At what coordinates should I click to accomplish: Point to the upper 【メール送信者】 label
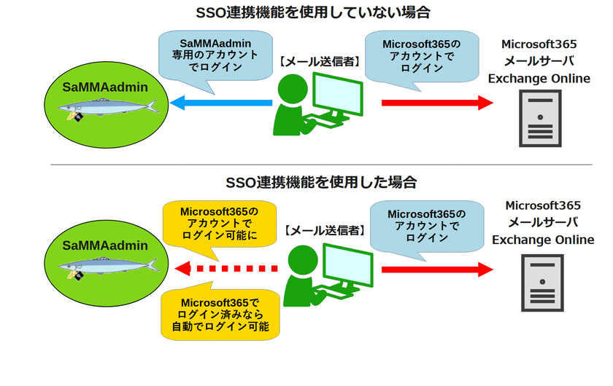point(320,62)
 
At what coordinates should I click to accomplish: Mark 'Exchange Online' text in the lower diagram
point(543,240)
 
